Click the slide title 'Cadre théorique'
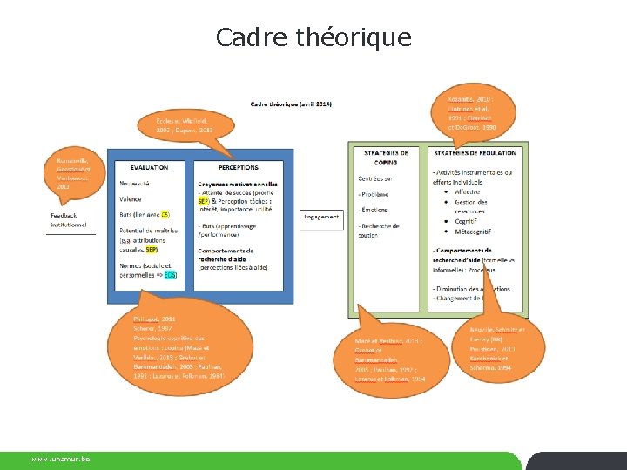point(313,38)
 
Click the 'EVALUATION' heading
point(150,167)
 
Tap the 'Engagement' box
point(322,217)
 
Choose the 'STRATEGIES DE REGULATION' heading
point(475,153)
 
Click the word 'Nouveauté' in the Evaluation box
point(135,184)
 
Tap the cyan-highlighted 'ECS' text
point(170,275)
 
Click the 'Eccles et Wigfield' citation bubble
point(185,125)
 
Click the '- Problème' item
point(374,194)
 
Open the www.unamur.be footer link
point(61,459)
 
